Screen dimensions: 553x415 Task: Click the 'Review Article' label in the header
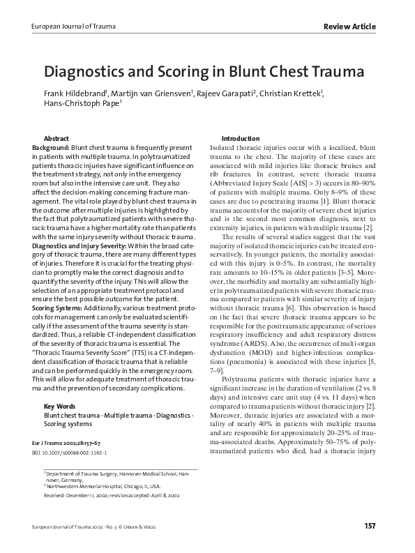click(349, 26)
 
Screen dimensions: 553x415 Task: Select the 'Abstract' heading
click(56, 139)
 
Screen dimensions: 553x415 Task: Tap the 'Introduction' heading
click(240, 139)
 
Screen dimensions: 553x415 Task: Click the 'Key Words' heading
click(58, 406)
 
